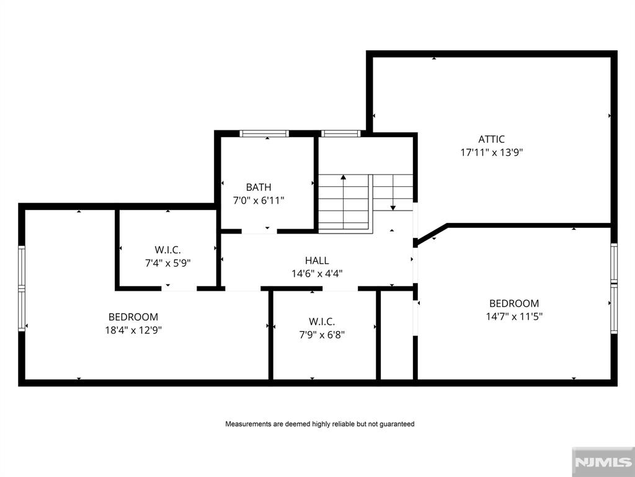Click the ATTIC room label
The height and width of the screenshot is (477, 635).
[x=491, y=139]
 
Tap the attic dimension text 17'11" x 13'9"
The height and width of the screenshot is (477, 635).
[x=491, y=152]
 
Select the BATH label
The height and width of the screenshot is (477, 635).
[x=258, y=187]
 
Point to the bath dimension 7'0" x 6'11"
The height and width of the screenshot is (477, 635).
[x=258, y=200]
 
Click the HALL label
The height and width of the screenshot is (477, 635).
[x=317, y=261]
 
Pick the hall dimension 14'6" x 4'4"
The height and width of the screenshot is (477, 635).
[x=317, y=273]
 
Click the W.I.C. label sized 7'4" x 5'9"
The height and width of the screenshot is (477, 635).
[x=167, y=250]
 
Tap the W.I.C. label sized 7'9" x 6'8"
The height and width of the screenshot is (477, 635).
[x=321, y=322]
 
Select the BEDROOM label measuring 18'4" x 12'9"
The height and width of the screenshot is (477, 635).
[x=133, y=317]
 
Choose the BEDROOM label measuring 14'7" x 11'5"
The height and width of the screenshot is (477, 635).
[x=514, y=303]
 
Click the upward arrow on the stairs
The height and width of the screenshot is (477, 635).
[x=343, y=178]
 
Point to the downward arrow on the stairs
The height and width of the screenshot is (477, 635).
[x=393, y=207]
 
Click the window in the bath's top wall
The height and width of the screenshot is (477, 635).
[x=264, y=133]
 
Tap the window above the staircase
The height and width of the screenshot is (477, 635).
[x=341, y=133]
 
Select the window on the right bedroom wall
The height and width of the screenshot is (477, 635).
[x=614, y=288]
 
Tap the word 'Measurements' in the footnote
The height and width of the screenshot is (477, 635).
[x=247, y=424]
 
